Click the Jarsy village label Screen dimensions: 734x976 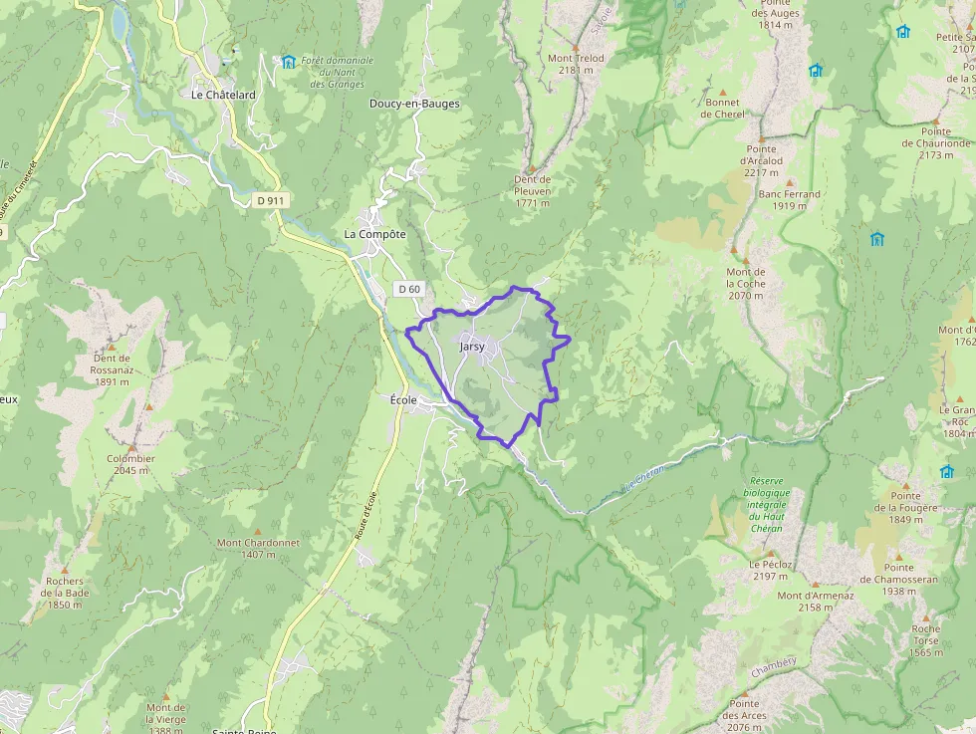click(x=472, y=347)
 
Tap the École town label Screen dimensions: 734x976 click(x=403, y=399)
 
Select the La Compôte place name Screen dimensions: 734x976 click(x=374, y=234)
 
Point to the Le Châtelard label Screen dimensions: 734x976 click(x=223, y=95)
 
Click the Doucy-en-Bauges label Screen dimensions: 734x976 click(x=414, y=104)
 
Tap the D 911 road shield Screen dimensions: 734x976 click(x=270, y=200)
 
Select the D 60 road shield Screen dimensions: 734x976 click(x=409, y=289)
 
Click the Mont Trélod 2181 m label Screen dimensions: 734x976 click(x=576, y=64)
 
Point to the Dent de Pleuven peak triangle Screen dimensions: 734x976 click(x=531, y=168)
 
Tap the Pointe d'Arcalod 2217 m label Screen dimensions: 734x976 click(x=761, y=160)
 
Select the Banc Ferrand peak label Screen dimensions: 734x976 click(x=790, y=199)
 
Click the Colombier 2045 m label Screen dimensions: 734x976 click(x=131, y=464)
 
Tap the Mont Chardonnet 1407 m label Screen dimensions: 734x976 click(x=259, y=548)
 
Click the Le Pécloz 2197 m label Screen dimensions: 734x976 click(x=771, y=570)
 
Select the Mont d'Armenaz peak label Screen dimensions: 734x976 click(x=816, y=602)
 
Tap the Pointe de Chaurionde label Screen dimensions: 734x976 click(x=936, y=143)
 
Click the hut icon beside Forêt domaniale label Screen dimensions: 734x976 click(x=288, y=62)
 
